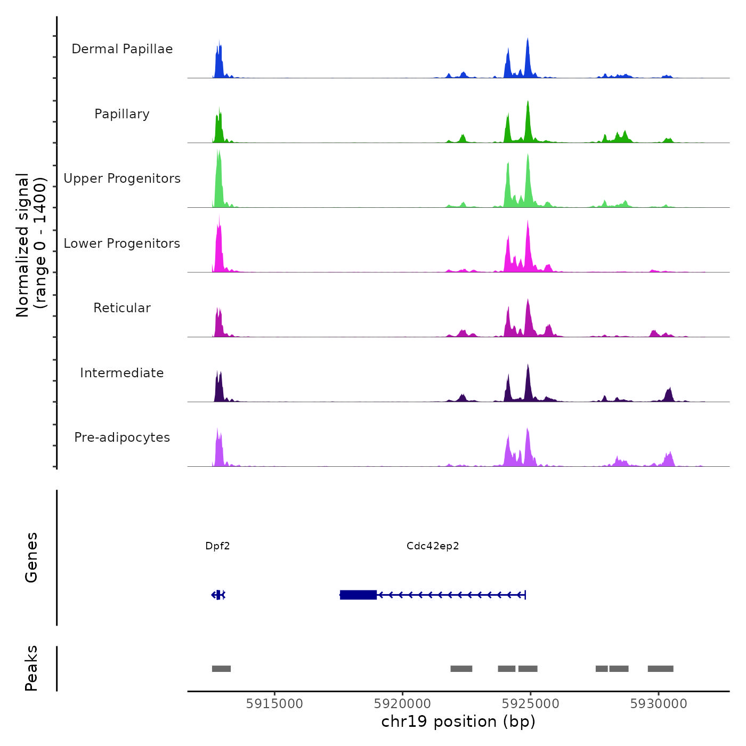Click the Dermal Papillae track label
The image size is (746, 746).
tap(122, 49)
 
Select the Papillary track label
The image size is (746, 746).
tap(122, 114)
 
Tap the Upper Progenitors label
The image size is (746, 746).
tap(122, 179)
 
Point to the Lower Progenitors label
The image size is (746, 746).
tap(122, 244)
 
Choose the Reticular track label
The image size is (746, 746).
tap(122, 308)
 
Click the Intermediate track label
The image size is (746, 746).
tap(122, 373)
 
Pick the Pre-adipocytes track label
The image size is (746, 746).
tap(122, 437)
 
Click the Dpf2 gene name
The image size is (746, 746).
tap(217, 546)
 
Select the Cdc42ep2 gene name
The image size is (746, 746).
tap(433, 546)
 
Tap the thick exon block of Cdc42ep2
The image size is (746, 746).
tap(358, 595)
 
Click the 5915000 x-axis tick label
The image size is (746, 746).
tap(274, 704)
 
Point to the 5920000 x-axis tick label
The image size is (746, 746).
tap(402, 704)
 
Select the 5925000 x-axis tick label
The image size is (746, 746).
tap(531, 704)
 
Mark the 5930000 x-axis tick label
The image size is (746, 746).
tap(659, 704)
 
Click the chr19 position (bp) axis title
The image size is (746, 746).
tap(458, 722)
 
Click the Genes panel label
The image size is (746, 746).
tap(31, 557)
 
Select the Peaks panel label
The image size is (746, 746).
tap(31, 668)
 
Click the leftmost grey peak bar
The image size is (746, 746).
tap(221, 669)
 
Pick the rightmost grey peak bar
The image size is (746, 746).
tap(660, 669)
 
